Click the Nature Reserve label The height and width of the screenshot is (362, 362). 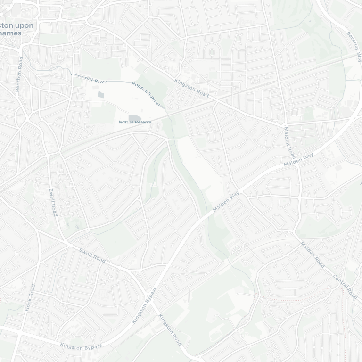(135, 122)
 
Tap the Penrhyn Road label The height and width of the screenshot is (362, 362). (19, 74)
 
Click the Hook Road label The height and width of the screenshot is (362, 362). (31, 297)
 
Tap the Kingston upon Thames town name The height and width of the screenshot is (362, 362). (17, 29)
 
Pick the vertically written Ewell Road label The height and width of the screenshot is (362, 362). (53, 202)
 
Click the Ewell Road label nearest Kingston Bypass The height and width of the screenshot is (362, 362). (92, 255)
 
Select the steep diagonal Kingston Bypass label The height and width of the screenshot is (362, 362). (144, 305)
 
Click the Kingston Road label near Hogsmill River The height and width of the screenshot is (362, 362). (191, 88)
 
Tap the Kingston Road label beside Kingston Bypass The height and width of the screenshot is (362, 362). (170, 329)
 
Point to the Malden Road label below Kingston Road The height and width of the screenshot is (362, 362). (289, 142)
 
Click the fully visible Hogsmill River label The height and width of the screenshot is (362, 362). (146, 93)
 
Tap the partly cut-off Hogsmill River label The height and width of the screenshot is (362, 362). (90, 78)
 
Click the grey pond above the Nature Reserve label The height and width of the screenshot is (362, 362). (134, 117)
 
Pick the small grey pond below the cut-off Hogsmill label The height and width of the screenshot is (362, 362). (101, 95)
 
